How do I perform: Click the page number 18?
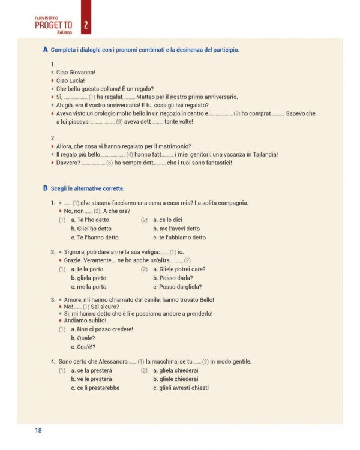(38, 430)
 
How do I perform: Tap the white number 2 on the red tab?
(86, 25)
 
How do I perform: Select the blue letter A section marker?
(46, 49)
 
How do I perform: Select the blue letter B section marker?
(46, 188)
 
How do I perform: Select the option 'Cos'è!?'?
(83, 346)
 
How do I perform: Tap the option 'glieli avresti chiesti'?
(181, 388)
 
